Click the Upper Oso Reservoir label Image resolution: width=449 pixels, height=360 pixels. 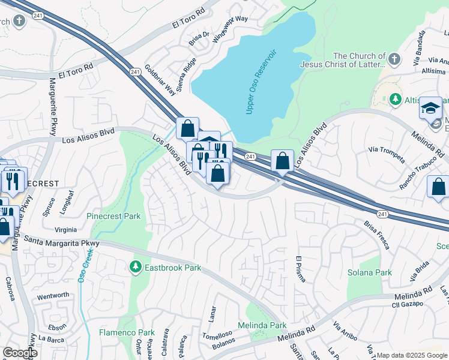(x=261, y=82)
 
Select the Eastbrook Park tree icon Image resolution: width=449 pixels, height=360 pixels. (x=136, y=267)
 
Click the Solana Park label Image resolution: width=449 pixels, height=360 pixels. (x=370, y=272)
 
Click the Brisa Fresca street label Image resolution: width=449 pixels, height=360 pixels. (x=377, y=235)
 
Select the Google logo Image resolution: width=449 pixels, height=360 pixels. (x=20, y=353)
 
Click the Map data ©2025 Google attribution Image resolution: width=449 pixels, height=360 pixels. (x=412, y=355)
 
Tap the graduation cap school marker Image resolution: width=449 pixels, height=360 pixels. (x=430, y=109)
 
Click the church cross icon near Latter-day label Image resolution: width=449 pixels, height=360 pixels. (x=393, y=59)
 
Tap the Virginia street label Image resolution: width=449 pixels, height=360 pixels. (x=65, y=229)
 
